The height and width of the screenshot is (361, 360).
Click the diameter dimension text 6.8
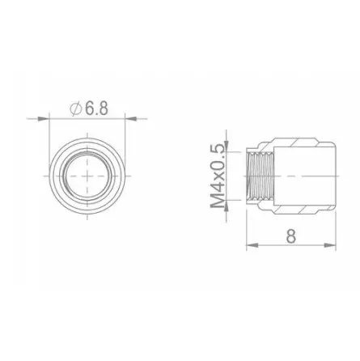click(x=96, y=108)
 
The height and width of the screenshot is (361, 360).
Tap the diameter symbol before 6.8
click(x=76, y=108)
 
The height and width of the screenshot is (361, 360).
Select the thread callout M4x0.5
click(x=218, y=176)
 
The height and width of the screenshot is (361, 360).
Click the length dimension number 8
click(x=291, y=236)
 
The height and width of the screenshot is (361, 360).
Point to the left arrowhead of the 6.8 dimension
click(x=44, y=118)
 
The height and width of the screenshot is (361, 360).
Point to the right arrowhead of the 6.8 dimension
click(x=131, y=118)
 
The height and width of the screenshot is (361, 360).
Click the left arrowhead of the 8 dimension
click(x=252, y=245)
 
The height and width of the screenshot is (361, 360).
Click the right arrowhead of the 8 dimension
click(x=330, y=245)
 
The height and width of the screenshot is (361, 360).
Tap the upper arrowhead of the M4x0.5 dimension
click(x=227, y=147)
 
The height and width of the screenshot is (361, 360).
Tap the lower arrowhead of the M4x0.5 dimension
click(x=227, y=206)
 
